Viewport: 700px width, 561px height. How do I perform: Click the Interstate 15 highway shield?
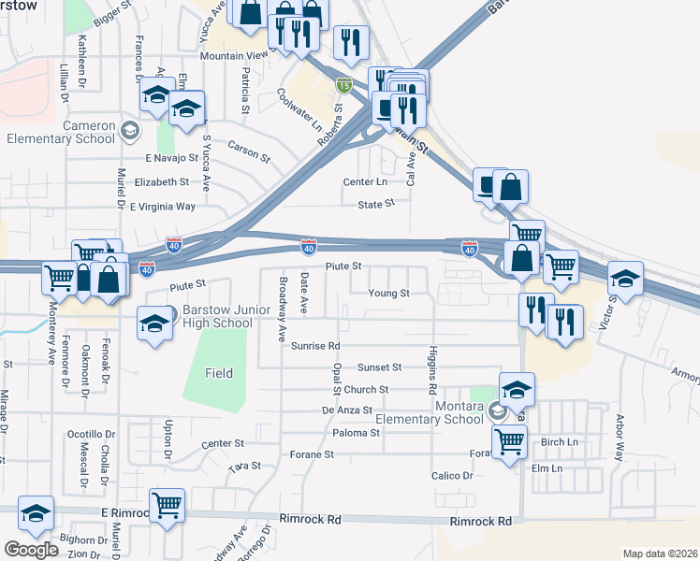tap(344, 84)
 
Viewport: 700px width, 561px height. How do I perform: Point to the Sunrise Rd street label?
tap(314, 345)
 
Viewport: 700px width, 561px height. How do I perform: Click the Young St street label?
tap(389, 293)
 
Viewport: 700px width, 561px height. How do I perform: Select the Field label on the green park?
tap(219, 373)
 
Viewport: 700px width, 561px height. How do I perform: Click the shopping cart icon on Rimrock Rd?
tap(167, 506)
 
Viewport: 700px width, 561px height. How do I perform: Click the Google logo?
tap(31, 549)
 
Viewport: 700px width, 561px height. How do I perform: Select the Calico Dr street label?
tap(454, 475)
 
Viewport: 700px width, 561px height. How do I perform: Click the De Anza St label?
tap(347, 410)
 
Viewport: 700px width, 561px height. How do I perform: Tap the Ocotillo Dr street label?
tap(92, 435)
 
